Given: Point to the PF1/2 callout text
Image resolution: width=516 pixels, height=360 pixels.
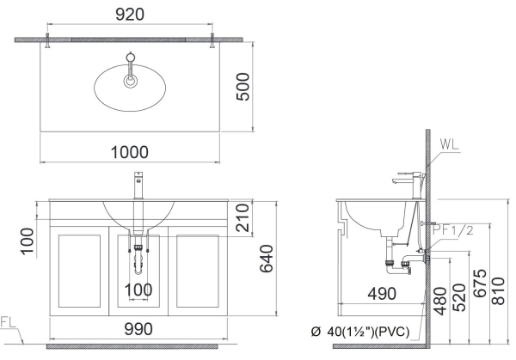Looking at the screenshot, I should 453,229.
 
